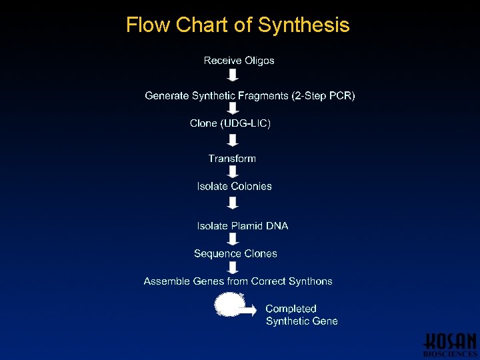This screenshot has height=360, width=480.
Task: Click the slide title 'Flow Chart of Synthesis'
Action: click(237, 25)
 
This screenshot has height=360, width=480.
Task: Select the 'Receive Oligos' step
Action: click(239, 61)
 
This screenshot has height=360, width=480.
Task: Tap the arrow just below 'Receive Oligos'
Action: click(233, 75)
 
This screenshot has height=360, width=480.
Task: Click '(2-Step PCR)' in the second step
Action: click(323, 96)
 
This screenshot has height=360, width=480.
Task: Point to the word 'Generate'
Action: click(167, 96)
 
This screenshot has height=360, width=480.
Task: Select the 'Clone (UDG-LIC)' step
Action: click(230, 123)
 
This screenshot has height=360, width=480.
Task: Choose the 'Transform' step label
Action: click(232, 159)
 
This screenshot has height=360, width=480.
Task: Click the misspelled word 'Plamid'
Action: click(247, 226)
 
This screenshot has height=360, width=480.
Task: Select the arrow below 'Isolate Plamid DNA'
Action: click(233, 239)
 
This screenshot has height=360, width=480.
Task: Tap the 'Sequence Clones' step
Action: click(235, 254)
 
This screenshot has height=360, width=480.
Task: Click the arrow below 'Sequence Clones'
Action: click(233, 267)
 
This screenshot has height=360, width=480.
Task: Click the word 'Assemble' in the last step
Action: click(167, 281)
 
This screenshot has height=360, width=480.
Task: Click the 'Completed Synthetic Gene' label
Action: click(301, 315)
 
